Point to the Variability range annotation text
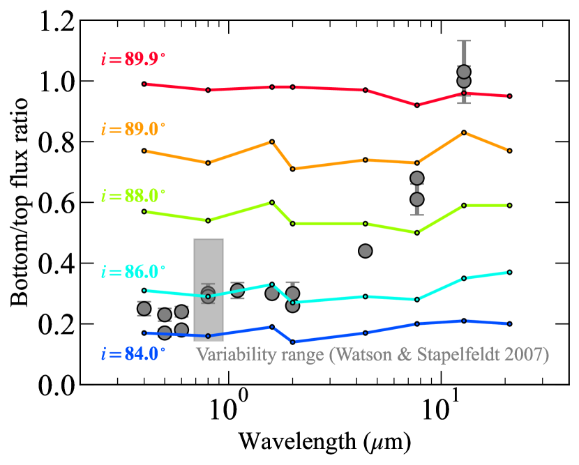click(373, 354)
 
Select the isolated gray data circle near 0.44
click(365, 251)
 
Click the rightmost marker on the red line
click(510, 96)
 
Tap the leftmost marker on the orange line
click(144, 151)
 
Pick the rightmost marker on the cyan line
click(510, 272)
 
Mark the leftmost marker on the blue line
click(144, 333)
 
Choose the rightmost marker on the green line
click(510, 206)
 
